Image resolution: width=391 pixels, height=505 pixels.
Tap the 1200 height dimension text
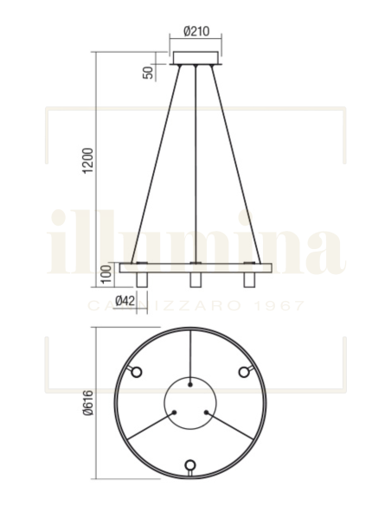(87, 160)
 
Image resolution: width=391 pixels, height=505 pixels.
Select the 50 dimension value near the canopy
(148, 71)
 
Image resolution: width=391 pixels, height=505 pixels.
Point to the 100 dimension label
(106, 276)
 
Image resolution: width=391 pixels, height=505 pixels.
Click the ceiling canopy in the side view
(198, 58)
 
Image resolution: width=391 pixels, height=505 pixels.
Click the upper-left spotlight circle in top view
(135, 371)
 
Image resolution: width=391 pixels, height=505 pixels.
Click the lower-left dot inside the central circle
(176, 412)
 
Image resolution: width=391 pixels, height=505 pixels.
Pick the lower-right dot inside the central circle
(206, 412)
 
